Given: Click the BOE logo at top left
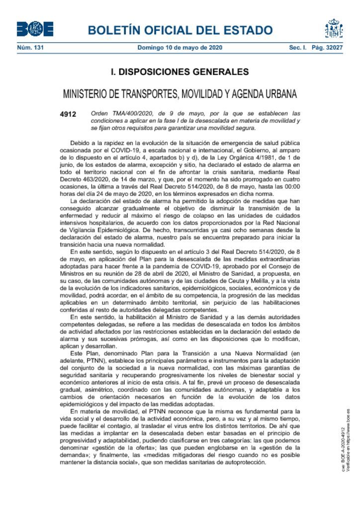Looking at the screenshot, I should (x=35, y=29).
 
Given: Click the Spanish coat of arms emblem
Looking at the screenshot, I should (x=334, y=28).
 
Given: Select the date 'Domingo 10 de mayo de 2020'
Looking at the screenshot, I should (x=180, y=48).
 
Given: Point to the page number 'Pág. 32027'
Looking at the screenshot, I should (x=329, y=48).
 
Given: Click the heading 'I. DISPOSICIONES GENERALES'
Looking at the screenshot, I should (x=180, y=72).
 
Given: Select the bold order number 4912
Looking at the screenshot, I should (x=68, y=114).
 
